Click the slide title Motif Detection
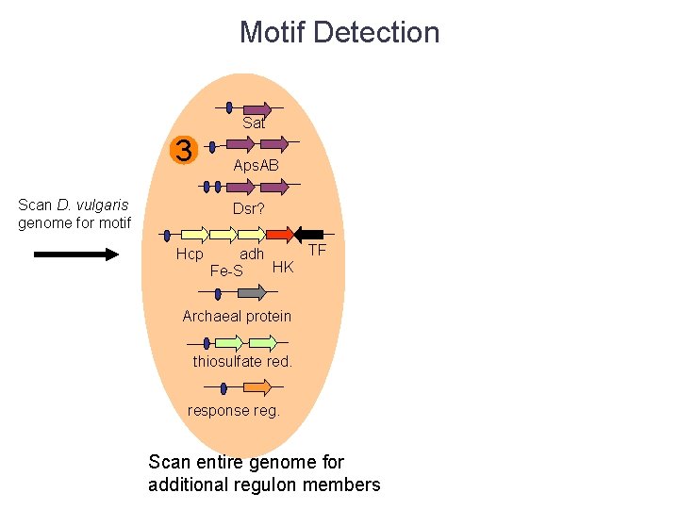(339, 32)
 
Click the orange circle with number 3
(184, 151)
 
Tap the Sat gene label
(254, 123)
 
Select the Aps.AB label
(257, 165)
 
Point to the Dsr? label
(249, 208)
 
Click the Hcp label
(190, 254)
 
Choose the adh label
(252, 254)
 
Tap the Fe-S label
(226, 271)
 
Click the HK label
(283, 268)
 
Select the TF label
(317, 251)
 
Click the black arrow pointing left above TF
(310, 233)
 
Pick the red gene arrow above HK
(279, 233)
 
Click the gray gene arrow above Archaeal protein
(252, 293)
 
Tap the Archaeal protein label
(237, 316)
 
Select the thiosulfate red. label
(242, 361)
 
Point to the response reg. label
(234, 410)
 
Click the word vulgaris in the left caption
(106, 205)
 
